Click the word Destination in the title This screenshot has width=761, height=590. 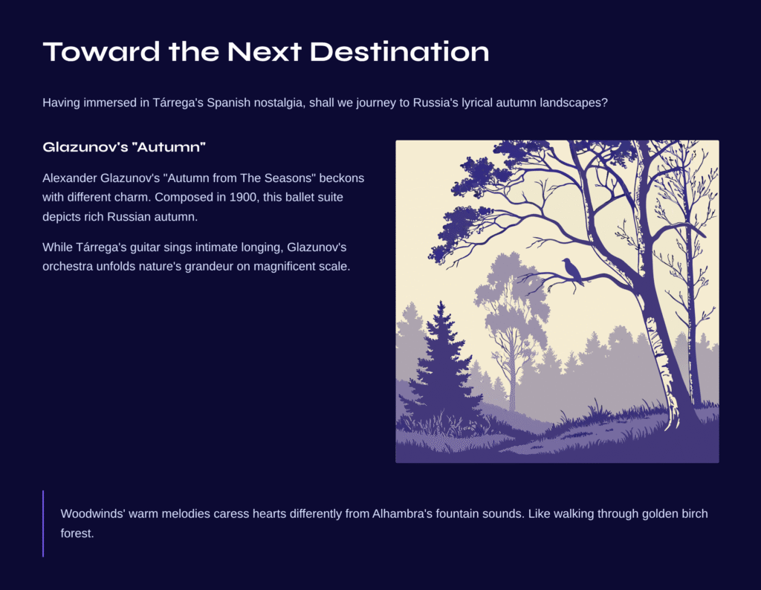pos(399,51)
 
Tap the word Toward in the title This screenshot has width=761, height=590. pos(101,51)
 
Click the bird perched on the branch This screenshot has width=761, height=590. pos(572,271)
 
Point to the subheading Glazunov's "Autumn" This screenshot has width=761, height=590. pos(124,147)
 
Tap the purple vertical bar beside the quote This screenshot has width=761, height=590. pos(43,524)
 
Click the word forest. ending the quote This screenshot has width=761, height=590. pos(77,534)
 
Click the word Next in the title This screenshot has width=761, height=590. pos(265,51)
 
